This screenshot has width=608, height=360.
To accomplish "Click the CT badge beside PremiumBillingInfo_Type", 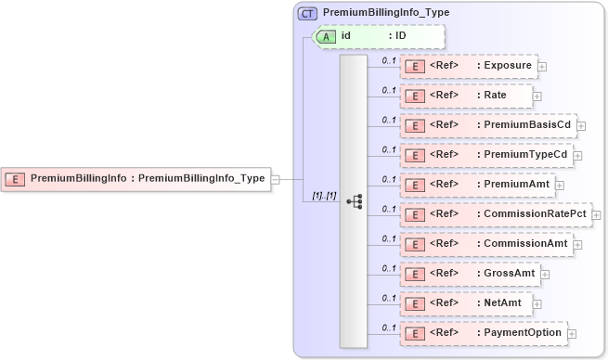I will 307,14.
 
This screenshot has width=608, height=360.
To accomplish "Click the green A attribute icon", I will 327,36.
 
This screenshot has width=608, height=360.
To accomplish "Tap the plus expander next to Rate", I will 537,96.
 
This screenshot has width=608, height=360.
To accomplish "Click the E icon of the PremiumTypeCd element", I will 417,154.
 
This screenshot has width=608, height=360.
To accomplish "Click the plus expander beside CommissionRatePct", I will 596,214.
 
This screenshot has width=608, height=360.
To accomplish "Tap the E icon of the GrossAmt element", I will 417,273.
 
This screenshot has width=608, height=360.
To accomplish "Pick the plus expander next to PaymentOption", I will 572,333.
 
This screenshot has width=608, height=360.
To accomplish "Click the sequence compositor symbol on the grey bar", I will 354,201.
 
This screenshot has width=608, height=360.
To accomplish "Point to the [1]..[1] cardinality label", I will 317,196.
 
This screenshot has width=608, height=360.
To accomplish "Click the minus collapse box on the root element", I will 275,178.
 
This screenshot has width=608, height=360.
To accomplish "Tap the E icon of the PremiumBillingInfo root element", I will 16,178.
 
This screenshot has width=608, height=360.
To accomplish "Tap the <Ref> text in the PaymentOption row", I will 445,332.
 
